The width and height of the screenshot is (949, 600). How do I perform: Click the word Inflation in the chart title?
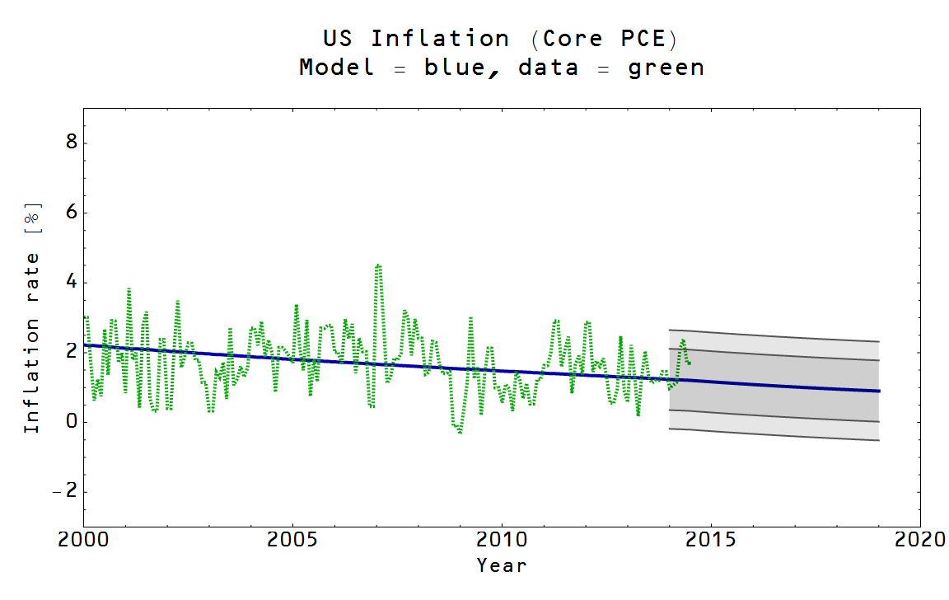(x=440, y=39)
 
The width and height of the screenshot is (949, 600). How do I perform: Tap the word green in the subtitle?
(x=666, y=68)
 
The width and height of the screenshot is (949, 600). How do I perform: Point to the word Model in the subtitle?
(x=335, y=68)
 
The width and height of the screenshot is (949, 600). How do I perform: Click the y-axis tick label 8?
(x=71, y=143)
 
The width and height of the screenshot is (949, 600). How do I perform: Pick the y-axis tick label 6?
(x=71, y=213)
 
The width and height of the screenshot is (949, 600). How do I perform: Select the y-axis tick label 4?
(x=71, y=283)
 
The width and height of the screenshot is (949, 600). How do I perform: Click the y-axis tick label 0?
(x=71, y=422)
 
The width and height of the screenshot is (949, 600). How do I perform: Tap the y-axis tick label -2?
(x=65, y=492)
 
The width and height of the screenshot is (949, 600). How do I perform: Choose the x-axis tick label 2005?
(x=292, y=540)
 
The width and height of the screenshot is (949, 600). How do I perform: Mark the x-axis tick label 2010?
(x=502, y=540)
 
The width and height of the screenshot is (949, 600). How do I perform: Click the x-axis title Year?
(x=501, y=565)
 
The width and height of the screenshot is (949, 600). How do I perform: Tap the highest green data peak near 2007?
(x=377, y=265)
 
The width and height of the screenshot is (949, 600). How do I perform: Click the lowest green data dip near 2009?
(x=460, y=432)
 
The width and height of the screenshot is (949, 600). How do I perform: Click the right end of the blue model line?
(x=878, y=391)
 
